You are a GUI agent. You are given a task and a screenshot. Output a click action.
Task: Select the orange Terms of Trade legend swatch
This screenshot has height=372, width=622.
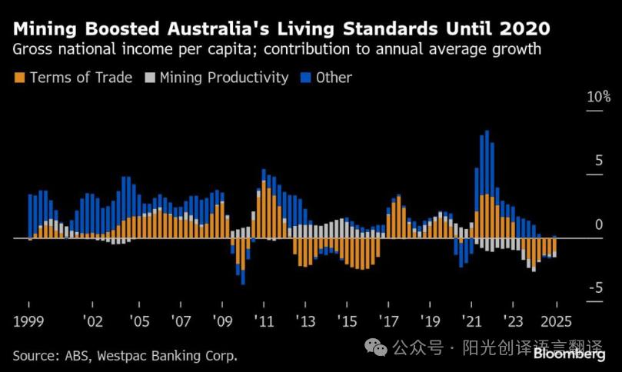(19, 78)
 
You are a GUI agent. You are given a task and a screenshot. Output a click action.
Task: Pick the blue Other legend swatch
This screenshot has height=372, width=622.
(306, 78)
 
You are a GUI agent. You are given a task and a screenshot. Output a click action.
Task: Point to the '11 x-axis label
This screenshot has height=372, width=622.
(263, 321)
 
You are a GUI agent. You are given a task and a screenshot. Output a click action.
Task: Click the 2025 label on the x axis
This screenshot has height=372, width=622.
(555, 321)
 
